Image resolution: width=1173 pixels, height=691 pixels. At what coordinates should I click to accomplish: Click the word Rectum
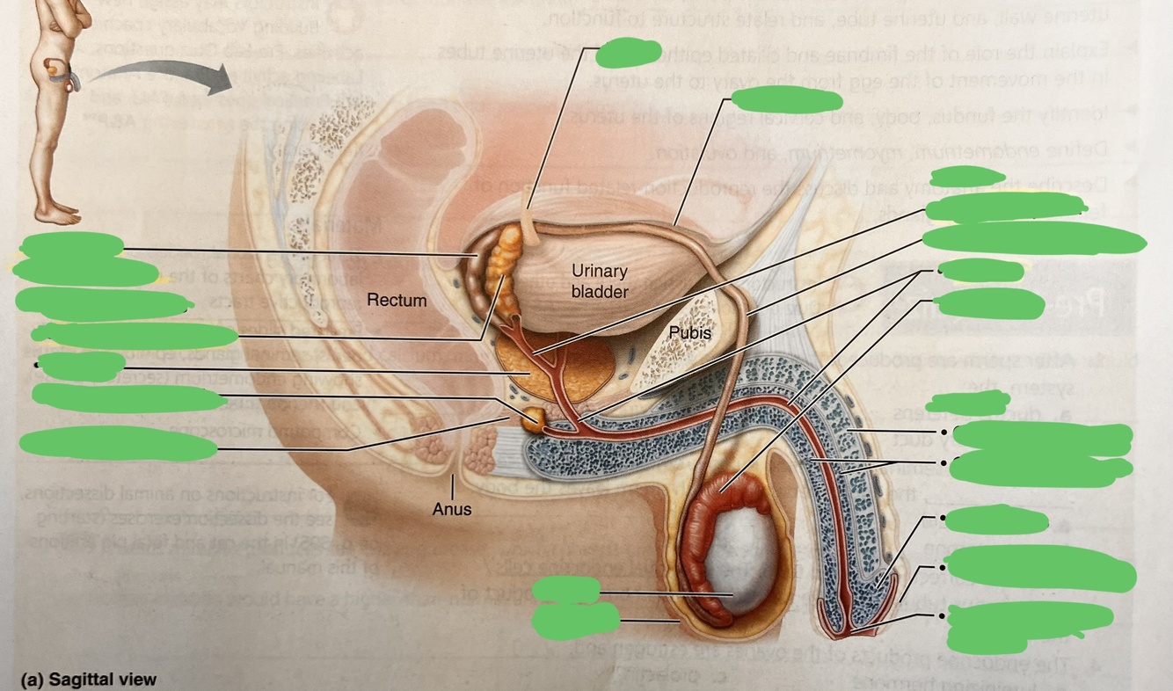coord(397,301)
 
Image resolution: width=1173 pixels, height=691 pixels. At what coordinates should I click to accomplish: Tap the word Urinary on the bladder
coord(599,272)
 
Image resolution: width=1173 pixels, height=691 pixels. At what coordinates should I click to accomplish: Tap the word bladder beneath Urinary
coord(599,292)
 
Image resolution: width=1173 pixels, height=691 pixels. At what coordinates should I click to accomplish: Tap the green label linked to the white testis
coord(566,590)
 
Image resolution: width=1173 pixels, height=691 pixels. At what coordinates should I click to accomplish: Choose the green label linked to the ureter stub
coord(628,53)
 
